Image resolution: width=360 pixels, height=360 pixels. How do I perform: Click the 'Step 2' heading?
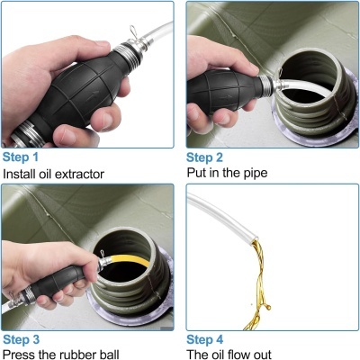208,156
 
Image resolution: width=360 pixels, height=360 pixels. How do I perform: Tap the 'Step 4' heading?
208,339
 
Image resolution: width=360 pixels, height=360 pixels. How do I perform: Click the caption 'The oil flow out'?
236,354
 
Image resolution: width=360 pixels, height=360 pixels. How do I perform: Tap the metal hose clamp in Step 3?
102,265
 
